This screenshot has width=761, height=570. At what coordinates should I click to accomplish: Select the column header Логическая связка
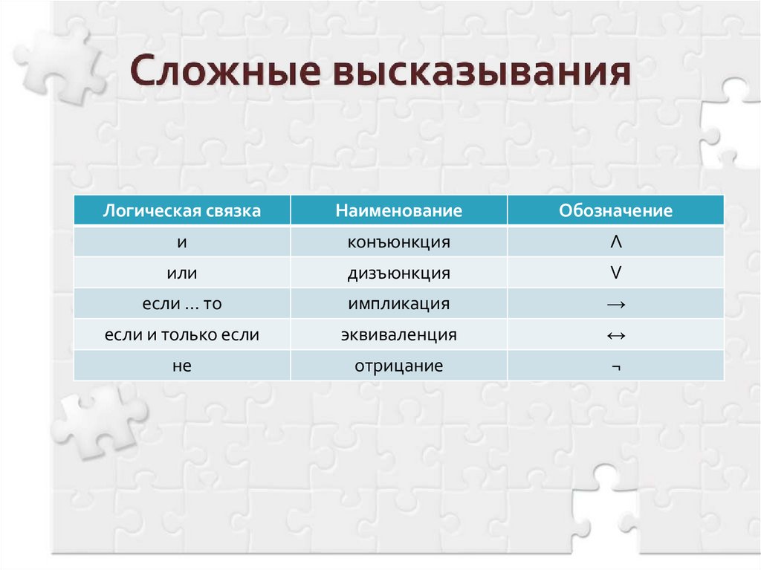point(182,211)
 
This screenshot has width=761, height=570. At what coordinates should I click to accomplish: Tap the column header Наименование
point(398,211)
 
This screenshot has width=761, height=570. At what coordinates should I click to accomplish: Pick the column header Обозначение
point(615,211)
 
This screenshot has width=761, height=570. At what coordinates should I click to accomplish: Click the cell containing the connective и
point(182,242)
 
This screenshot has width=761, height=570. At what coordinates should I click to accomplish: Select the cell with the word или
point(182,273)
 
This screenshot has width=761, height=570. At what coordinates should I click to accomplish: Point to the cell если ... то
point(182,304)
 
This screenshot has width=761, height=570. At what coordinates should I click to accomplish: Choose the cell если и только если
point(182,335)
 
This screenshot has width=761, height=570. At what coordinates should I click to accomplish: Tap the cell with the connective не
point(182,366)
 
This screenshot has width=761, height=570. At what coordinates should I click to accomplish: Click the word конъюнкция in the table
point(398,242)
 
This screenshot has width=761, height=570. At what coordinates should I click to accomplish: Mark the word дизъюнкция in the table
point(398,273)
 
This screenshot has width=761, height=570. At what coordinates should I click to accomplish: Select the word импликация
point(398,304)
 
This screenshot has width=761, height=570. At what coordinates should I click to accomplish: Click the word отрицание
point(399,366)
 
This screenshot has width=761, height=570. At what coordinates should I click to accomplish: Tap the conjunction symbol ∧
point(615,242)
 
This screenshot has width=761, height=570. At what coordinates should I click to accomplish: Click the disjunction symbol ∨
point(615,273)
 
